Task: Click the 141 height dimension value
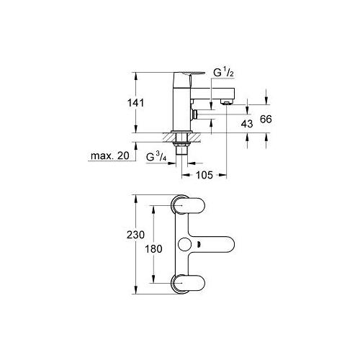tap(135, 103)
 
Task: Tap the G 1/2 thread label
tap(223, 72)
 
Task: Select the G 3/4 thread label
tap(156, 157)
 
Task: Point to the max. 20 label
tap(110, 156)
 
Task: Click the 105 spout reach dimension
tap(204, 175)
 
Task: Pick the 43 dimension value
tap(247, 124)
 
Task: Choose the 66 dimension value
tap(266, 119)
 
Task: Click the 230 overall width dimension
tap(135, 235)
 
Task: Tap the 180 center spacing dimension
tap(153, 249)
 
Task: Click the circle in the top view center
tap(185, 245)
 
